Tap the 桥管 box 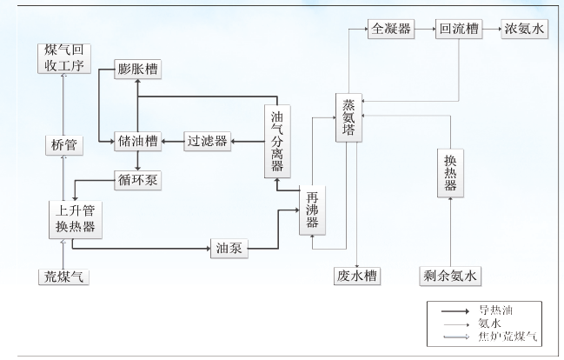coord(63,144)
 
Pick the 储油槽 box coord(139,141)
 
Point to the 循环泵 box coord(139,180)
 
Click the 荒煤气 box coord(66,277)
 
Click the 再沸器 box coord(312,211)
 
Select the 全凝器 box coord(388,29)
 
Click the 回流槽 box coord(457,29)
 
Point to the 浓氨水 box coord(526,29)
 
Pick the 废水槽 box coord(356,277)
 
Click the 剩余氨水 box coord(448,277)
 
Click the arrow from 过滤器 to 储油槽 coord(171,141)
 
